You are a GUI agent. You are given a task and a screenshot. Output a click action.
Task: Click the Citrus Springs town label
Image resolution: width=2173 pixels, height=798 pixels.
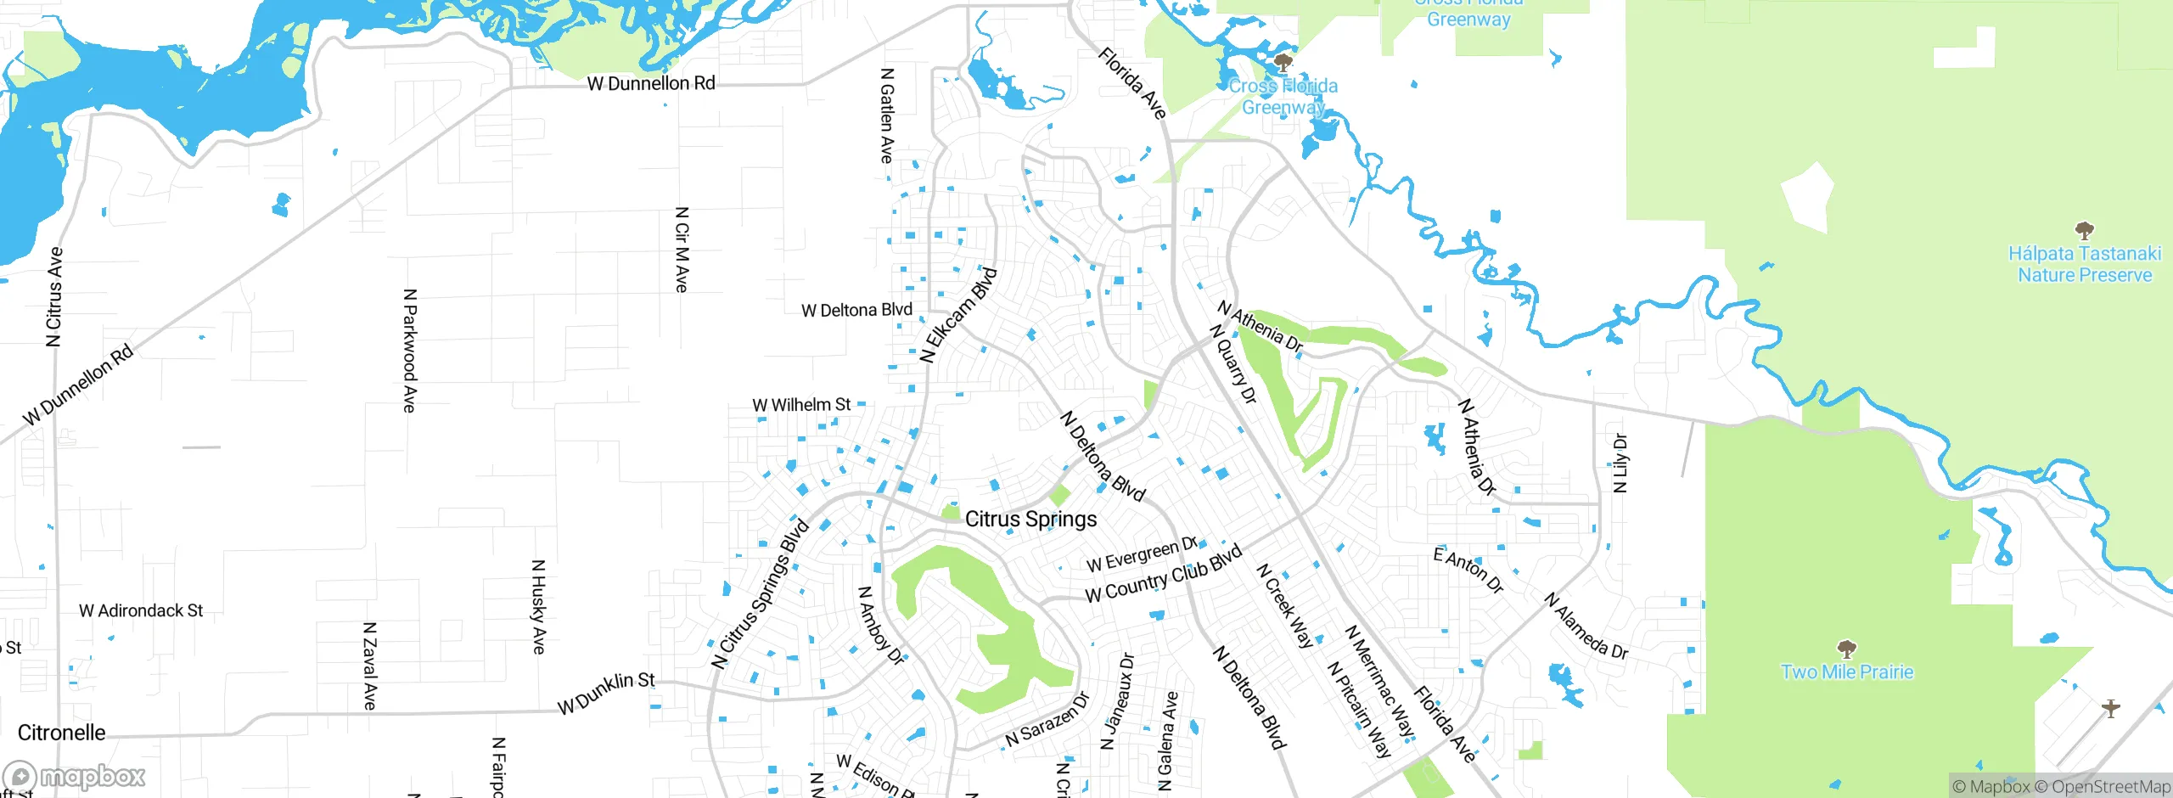click(x=1030, y=519)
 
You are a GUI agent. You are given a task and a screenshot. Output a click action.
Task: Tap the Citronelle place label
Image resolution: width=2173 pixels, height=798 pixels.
click(x=62, y=733)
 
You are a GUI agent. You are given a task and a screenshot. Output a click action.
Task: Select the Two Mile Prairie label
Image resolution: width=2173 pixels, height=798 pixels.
click(x=1847, y=672)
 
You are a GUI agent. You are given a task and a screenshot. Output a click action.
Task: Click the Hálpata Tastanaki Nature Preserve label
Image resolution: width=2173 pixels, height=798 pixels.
click(x=2084, y=264)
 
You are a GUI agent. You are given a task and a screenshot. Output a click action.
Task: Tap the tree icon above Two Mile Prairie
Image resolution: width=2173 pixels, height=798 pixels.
click(x=1846, y=650)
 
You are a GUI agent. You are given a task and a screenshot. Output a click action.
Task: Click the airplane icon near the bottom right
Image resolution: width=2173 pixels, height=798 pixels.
click(x=2111, y=708)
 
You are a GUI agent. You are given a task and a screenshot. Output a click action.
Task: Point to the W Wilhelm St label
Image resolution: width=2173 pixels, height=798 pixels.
click(x=801, y=405)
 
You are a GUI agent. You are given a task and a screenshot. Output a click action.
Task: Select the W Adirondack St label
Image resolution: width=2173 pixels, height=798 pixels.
click(x=141, y=611)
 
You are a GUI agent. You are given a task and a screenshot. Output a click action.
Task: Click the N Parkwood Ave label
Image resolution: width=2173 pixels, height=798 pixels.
click(x=409, y=351)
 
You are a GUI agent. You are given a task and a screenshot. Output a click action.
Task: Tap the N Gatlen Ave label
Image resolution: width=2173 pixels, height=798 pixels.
click(x=887, y=116)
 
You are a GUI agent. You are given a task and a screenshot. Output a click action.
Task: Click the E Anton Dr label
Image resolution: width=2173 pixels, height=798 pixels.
click(x=1468, y=570)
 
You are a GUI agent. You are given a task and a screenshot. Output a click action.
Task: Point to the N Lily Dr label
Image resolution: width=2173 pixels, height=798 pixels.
click(x=1620, y=463)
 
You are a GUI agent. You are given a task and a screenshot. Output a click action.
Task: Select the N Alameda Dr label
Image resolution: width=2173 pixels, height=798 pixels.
click(x=1586, y=627)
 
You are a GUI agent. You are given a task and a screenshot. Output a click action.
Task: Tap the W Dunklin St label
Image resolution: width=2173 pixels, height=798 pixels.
click(x=606, y=694)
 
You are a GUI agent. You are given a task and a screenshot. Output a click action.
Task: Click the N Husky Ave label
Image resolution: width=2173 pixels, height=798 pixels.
click(x=538, y=606)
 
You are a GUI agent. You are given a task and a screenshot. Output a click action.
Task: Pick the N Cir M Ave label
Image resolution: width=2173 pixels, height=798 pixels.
click(x=682, y=250)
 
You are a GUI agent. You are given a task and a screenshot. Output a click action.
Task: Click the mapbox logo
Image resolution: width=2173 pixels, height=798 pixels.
click(x=75, y=776)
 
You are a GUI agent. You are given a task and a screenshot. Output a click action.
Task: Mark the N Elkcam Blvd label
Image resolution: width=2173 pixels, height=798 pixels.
click(x=958, y=316)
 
